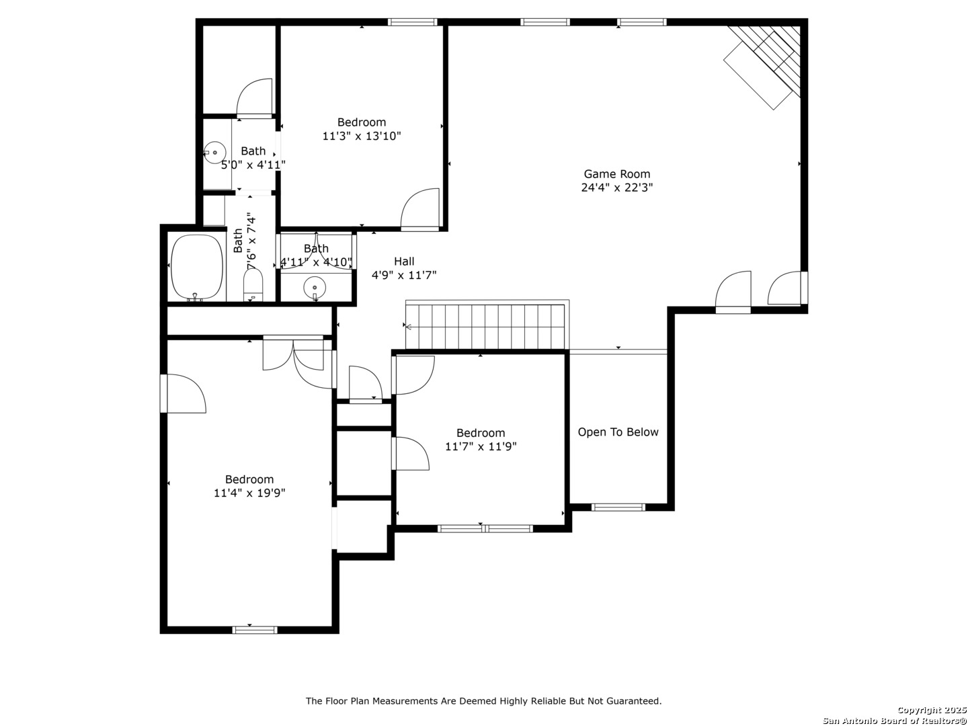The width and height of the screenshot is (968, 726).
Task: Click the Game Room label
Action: (x=616, y=173)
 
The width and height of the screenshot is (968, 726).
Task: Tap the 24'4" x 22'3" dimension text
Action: (x=616, y=188)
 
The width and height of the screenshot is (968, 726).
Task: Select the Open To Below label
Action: (x=618, y=432)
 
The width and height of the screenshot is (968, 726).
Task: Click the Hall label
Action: (x=404, y=261)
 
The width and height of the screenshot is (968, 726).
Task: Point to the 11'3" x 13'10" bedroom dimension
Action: (x=361, y=136)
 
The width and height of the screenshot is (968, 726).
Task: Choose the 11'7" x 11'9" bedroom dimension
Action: (x=481, y=446)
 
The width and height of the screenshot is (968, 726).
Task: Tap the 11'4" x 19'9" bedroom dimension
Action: (x=249, y=493)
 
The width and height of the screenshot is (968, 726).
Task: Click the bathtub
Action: (x=197, y=267)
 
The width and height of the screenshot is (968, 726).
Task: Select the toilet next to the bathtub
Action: (x=253, y=285)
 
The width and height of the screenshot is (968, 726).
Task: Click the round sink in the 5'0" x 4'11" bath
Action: (x=214, y=153)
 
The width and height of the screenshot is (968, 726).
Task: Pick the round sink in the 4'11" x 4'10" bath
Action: (x=315, y=288)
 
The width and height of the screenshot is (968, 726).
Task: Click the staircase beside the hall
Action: (x=485, y=326)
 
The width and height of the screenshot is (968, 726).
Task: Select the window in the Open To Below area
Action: (x=618, y=508)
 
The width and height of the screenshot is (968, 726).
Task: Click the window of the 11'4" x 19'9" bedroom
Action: (x=255, y=630)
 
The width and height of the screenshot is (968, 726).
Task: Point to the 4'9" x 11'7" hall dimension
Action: (x=404, y=276)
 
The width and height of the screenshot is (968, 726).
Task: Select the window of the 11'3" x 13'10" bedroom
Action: (x=412, y=22)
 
